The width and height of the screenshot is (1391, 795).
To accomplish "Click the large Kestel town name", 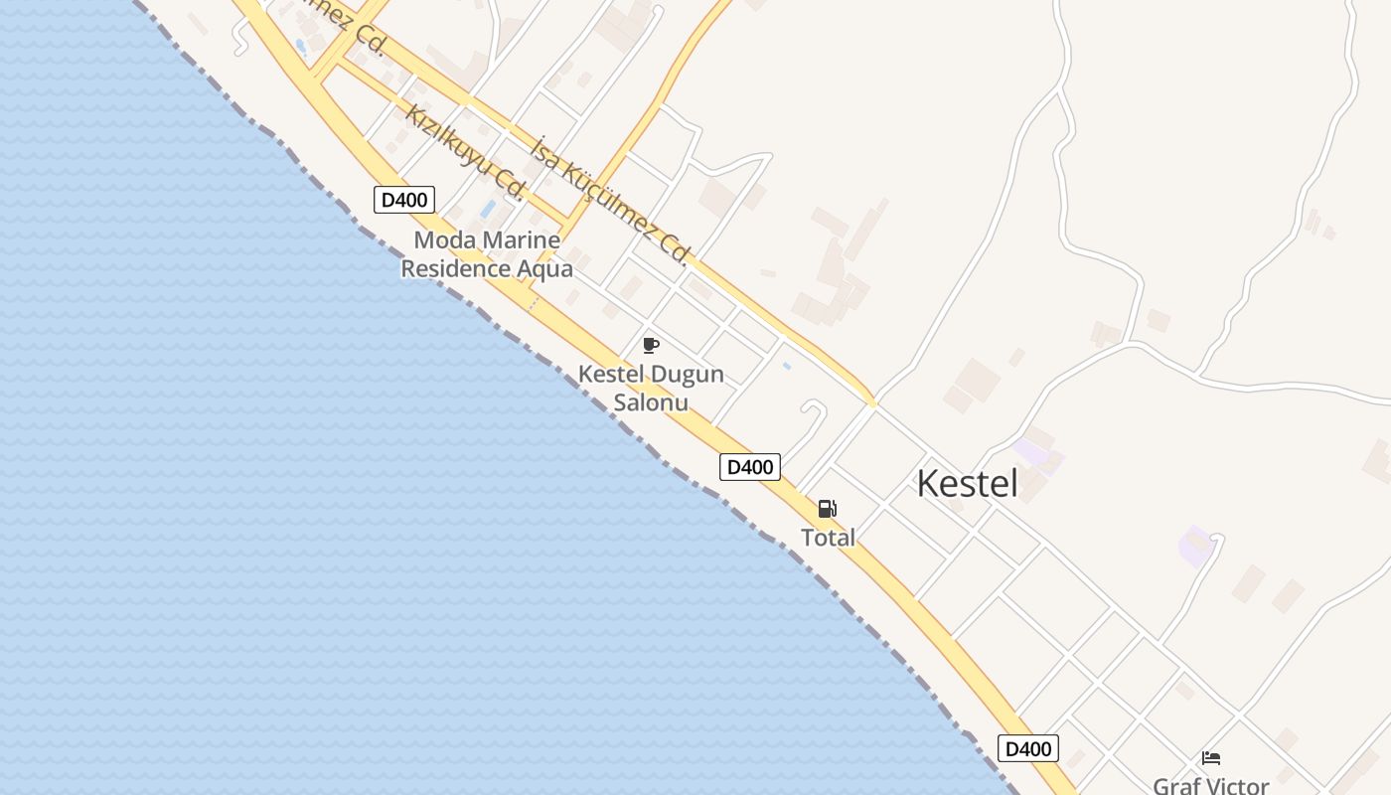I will pyautogui.click(x=967, y=484).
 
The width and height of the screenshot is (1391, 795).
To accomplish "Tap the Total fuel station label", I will pyautogui.click(x=828, y=538).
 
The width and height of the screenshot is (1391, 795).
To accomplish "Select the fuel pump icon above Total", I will pyautogui.click(x=827, y=509).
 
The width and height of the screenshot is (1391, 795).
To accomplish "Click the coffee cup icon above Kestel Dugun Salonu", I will pyautogui.click(x=651, y=345).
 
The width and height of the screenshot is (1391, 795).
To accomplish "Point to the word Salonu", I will pyautogui.click(x=651, y=402).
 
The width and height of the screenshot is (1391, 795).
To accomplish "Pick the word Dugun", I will pyautogui.click(x=687, y=375).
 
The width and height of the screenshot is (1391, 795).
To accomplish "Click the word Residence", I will pyautogui.click(x=456, y=268).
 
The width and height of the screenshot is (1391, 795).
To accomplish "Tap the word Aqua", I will pyautogui.click(x=544, y=268).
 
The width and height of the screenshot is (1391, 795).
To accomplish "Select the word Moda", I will pyautogui.click(x=444, y=239).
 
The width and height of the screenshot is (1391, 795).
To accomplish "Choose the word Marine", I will pyautogui.click(x=521, y=239).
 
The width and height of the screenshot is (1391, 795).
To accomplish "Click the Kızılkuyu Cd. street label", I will pyautogui.click(x=464, y=151).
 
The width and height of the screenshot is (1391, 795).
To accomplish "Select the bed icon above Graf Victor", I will pyautogui.click(x=1210, y=758).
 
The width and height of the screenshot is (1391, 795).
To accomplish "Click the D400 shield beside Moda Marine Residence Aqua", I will pyautogui.click(x=404, y=200).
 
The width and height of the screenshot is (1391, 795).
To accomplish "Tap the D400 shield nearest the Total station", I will pyautogui.click(x=749, y=467).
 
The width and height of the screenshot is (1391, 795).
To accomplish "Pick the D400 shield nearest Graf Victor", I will pyautogui.click(x=1027, y=748).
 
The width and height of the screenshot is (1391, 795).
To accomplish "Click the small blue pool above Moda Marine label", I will pyautogui.click(x=488, y=209).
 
